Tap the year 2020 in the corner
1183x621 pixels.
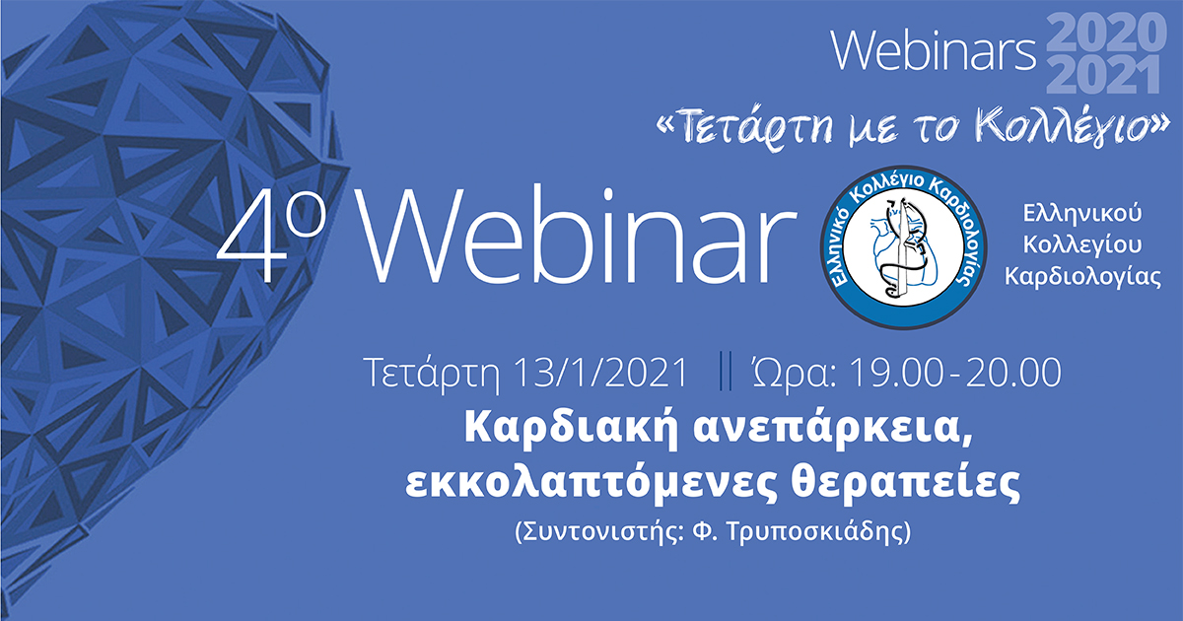point(1105,34)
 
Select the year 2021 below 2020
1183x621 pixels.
point(1105,77)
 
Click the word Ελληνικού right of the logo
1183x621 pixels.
point(1069,212)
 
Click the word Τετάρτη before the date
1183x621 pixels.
point(437,373)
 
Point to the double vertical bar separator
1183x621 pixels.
point(727,373)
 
